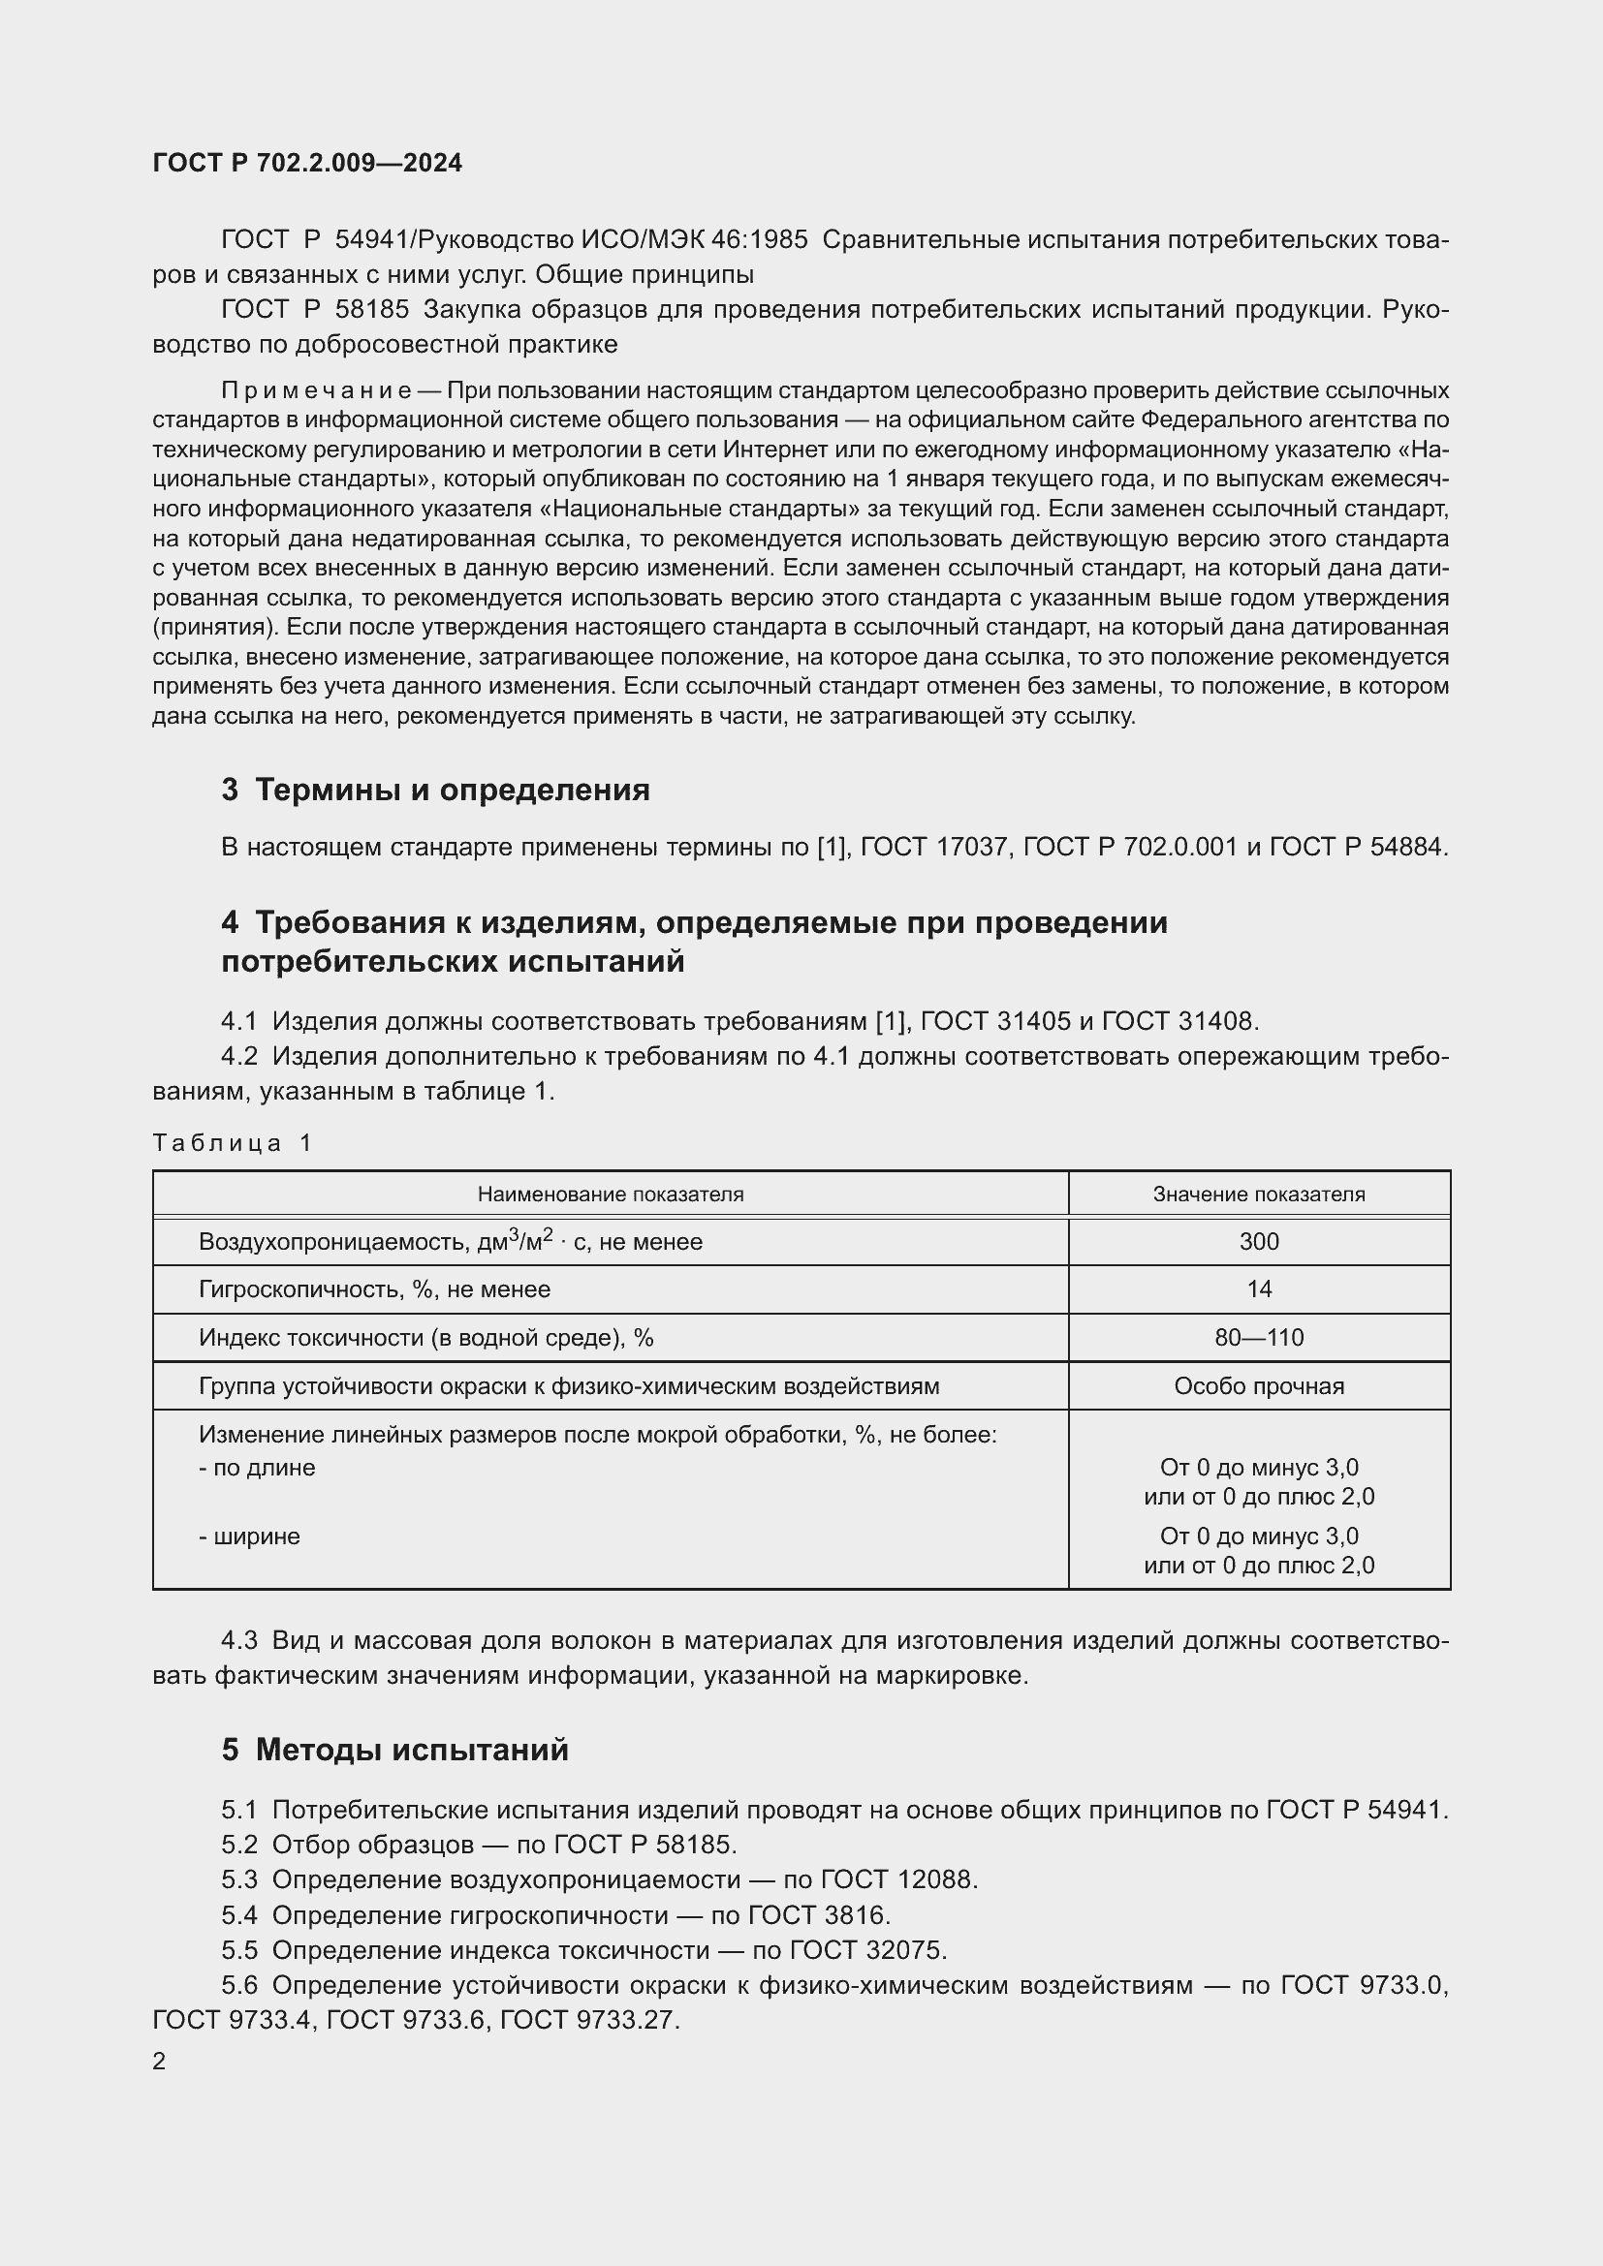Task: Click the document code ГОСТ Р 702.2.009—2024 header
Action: point(307,164)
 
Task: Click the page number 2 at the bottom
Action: point(159,2062)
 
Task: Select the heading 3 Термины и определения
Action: point(435,790)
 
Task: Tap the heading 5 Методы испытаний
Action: point(394,1750)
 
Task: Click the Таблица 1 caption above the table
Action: point(232,1143)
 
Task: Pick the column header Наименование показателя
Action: point(610,1195)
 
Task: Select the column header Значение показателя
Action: point(1259,1195)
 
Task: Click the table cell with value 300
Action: point(1259,1242)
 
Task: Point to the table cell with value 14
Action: point(1259,1288)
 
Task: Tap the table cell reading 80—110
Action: point(1259,1338)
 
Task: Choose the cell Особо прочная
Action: point(1259,1386)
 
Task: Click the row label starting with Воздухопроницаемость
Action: point(450,1242)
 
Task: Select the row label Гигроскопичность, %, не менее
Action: point(374,1288)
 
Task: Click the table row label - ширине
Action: point(249,1537)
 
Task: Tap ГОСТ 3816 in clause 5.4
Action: point(818,1915)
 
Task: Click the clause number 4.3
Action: point(238,1641)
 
